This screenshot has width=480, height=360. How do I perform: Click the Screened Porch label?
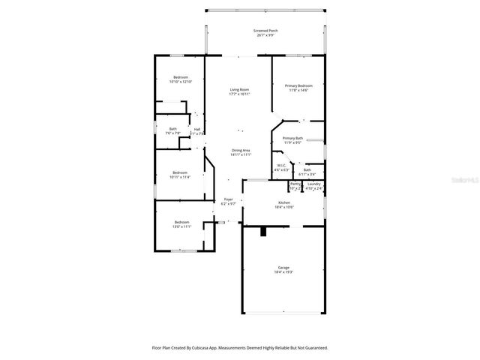tap(265, 30)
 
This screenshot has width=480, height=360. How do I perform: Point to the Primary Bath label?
tap(292, 138)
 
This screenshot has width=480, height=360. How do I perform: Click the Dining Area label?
tap(241, 149)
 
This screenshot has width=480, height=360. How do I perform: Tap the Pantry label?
tap(295, 184)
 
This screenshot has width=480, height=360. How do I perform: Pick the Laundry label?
tap(314, 184)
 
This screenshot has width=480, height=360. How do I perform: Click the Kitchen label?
tap(284, 202)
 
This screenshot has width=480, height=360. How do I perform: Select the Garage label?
tap(284, 267)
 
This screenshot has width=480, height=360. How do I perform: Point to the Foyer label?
tap(228, 199)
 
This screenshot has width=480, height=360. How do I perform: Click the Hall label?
tap(197, 129)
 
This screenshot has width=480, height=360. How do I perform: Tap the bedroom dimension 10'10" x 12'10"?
tap(180, 82)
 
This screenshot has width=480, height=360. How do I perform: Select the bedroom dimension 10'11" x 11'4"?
tap(180, 177)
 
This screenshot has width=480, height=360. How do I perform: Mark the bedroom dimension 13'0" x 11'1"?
tap(183, 226)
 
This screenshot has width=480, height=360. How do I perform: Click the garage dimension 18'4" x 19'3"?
tap(284, 271)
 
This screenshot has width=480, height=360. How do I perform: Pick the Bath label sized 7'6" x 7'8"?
tap(172, 129)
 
